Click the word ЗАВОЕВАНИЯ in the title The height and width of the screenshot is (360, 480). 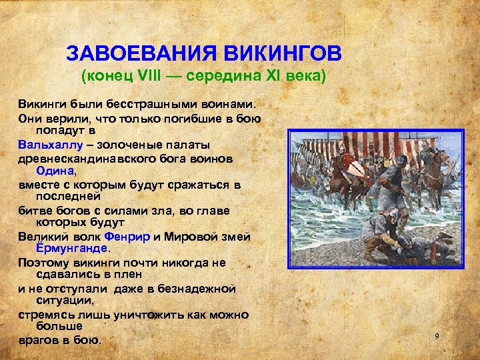click(x=136, y=53)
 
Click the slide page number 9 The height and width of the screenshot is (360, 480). click(x=437, y=336)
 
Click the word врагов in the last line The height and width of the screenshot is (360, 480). click(x=39, y=341)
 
